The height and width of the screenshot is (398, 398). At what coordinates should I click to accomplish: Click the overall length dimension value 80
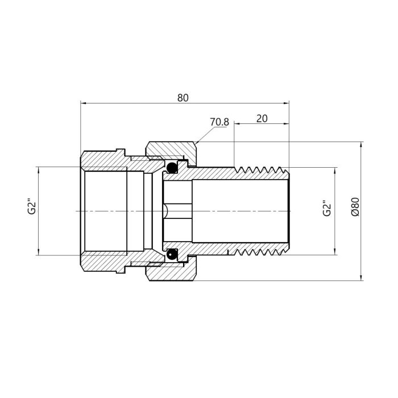click(x=183, y=98)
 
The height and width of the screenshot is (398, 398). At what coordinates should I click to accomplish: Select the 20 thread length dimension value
click(x=262, y=118)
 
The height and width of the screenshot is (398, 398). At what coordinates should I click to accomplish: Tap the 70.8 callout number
click(x=219, y=122)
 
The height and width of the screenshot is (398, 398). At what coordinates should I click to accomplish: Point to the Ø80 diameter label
click(x=355, y=206)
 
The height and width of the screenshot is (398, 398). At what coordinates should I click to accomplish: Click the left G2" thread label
click(x=32, y=208)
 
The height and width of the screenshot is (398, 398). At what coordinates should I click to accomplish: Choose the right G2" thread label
click(x=327, y=209)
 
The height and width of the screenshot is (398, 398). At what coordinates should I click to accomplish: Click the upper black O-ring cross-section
click(x=172, y=167)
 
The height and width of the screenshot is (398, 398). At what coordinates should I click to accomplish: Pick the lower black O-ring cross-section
click(x=172, y=254)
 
